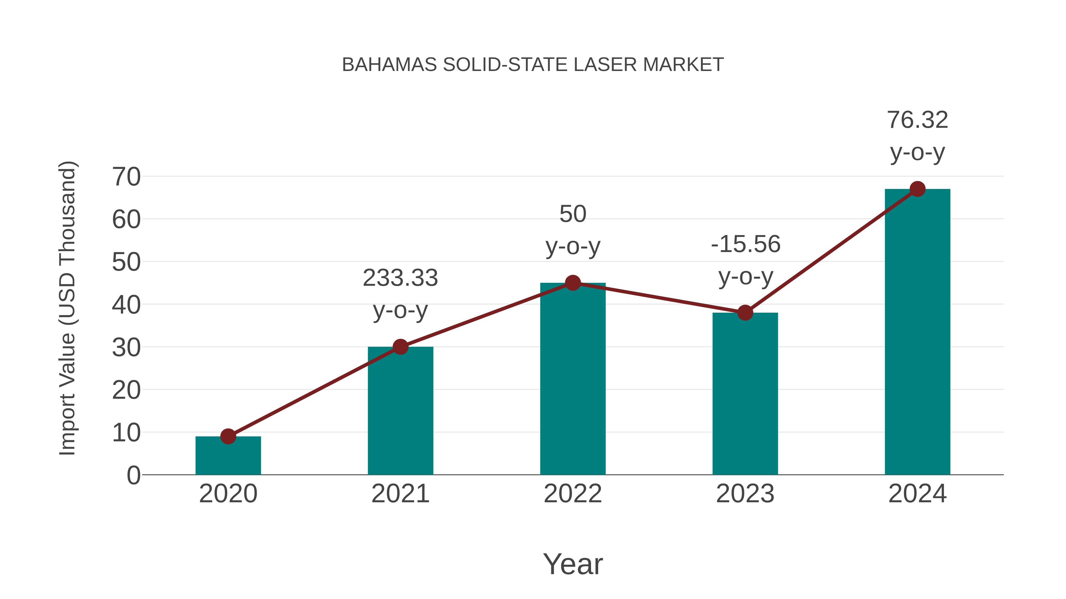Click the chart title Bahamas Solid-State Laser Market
[x=533, y=64]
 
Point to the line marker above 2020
[x=228, y=436]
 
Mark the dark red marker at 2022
[x=573, y=283]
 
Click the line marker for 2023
[x=745, y=313]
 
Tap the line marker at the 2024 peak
[x=917, y=189]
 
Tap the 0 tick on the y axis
[x=133, y=475]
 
